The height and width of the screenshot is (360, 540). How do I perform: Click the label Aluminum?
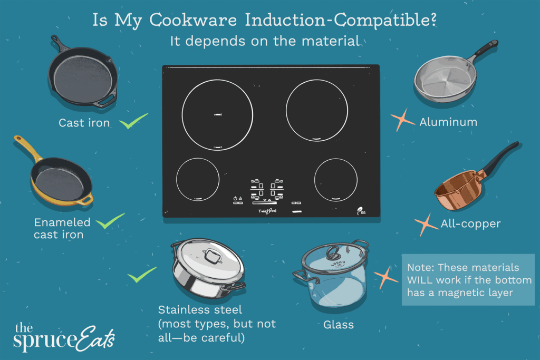click(x=448, y=122)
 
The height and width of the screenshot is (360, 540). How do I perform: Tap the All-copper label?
click(x=470, y=224)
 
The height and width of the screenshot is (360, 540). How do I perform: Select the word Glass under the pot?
click(x=339, y=325)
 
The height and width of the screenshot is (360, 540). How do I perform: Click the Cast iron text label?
click(x=84, y=123)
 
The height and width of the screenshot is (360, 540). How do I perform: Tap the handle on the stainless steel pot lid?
click(x=212, y=257)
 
